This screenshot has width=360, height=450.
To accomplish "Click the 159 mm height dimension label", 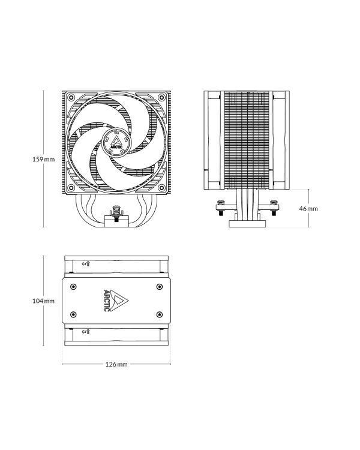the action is pyautogui.click(x=43, y=159).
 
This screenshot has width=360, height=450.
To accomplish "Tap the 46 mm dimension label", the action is pyautogui.click(x=308, y=209).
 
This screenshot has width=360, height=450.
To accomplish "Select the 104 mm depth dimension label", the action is pyautogui.click(x=43, y=301).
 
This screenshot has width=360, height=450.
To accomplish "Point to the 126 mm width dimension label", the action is pyautogui.click(x=116, y=364).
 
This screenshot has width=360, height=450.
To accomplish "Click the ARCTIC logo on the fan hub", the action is pyautogui.click(x=117, y=143).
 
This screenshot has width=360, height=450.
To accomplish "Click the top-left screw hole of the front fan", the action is pyautogui.click(x=71, y=97).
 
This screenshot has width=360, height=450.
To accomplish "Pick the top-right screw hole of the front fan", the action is pyautogui.click(x=162, y=97).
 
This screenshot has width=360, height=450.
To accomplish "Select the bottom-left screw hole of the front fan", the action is pyautogui.click(x=71, y=188).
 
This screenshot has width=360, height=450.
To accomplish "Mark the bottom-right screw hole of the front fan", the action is pyautogui.click(x=162, y=188).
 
